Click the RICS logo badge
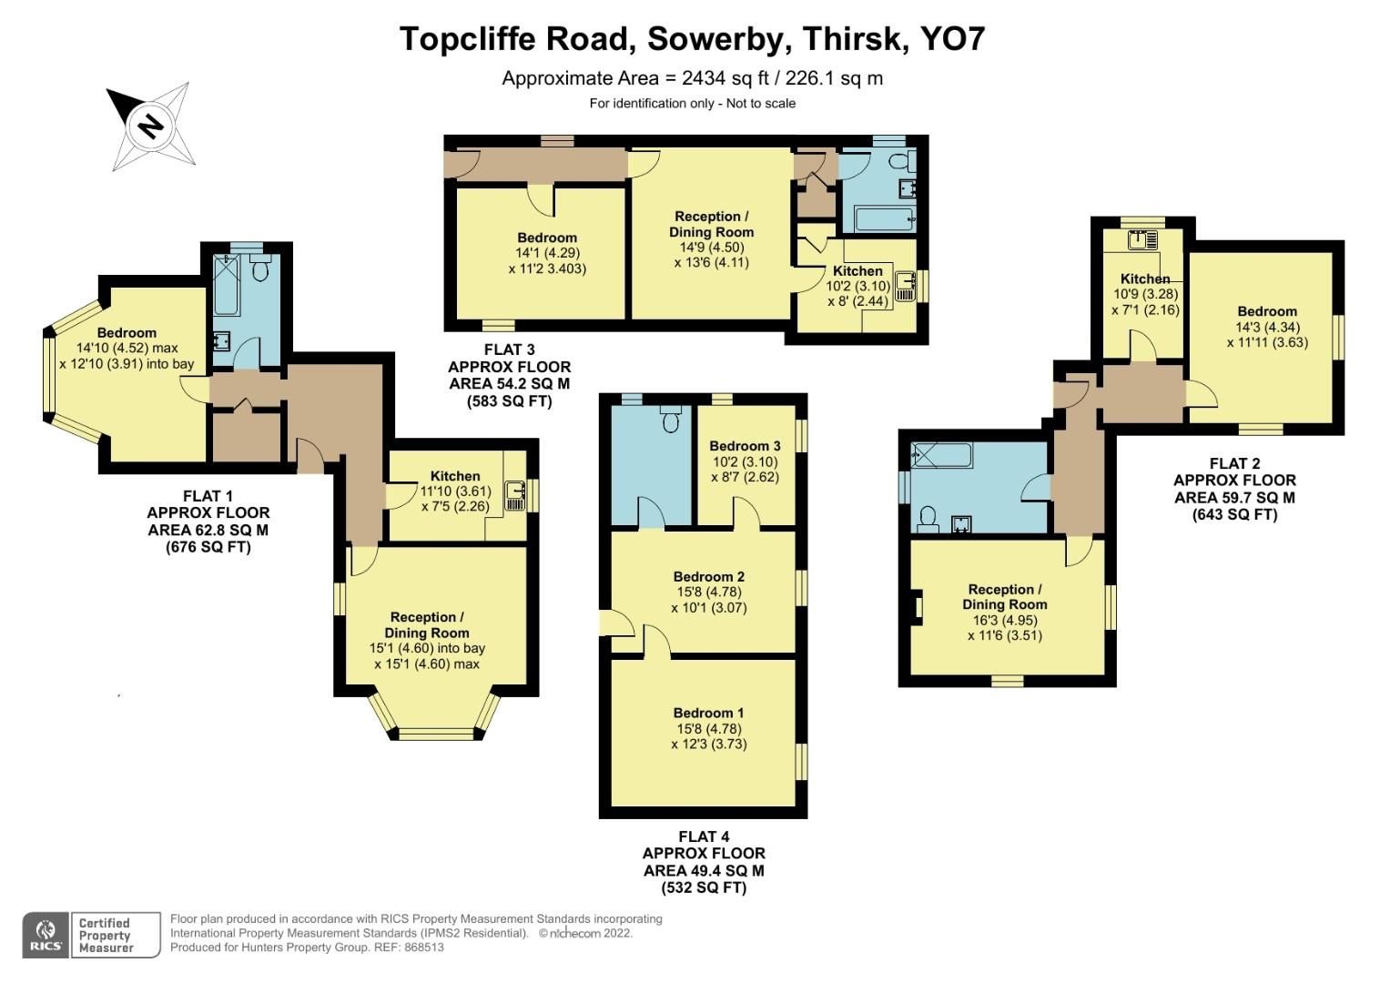[45, 935]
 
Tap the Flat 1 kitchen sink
[517, 495]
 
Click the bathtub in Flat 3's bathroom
[883, 219]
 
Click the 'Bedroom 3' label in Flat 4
[745, 446]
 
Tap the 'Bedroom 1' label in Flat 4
[708, 713]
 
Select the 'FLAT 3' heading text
[509, 350]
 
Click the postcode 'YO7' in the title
[952, 39]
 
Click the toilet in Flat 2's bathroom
[928, 518]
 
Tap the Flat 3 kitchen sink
[905, 286]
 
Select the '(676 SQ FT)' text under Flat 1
[208, 547]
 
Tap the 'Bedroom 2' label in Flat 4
[708, 576]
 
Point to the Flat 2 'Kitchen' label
[1144, 279]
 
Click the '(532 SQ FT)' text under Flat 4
[703, 887]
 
